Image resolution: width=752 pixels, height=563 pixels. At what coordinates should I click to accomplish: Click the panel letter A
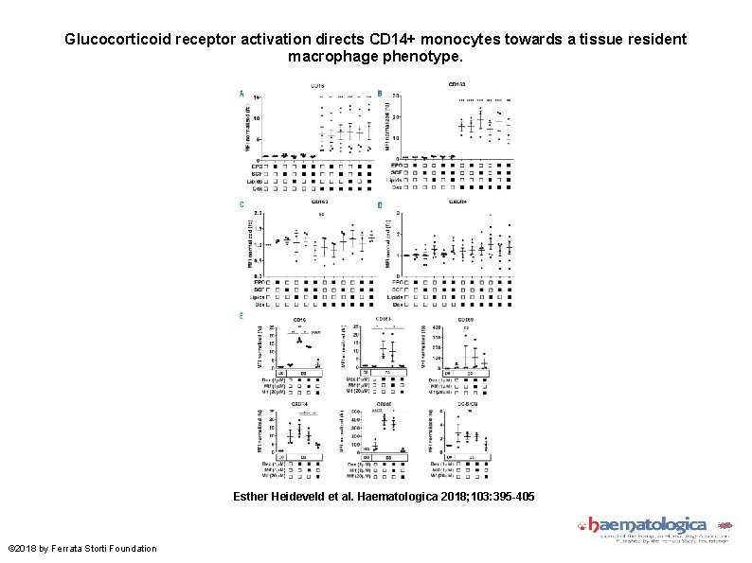click(242, 93)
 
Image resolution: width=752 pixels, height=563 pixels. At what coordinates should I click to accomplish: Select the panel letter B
click(379, 93)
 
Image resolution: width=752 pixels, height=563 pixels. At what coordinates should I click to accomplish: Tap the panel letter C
click(242, 203)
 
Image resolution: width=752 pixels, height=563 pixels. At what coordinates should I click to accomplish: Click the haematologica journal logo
click(650, 526)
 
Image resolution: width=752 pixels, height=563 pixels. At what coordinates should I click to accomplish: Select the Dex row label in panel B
click(397, 187)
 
